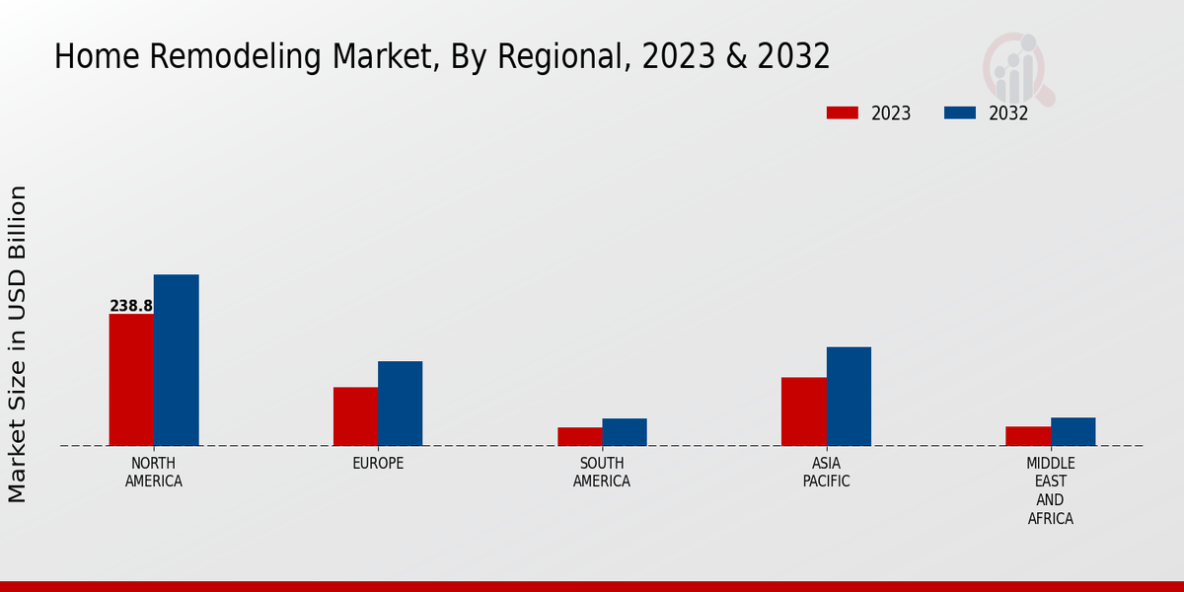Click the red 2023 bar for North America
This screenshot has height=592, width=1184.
point(131,380)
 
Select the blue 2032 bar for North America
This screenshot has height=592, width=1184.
point(177,360)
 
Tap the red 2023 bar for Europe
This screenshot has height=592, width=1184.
point(355,416)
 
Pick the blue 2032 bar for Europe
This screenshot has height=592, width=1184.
point(401,404)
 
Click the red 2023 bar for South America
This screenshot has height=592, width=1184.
point(579,436)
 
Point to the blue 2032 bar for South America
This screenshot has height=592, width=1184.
point(625,432)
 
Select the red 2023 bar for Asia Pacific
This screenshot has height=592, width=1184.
point(804,411)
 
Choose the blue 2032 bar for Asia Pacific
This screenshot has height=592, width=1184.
point(849,397)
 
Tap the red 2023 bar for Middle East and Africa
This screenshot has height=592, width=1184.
point(1028,436)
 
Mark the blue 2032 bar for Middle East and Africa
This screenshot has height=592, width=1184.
point(1073,431)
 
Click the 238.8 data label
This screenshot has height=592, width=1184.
point(131,306)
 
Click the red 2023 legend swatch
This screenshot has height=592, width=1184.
point(843,112)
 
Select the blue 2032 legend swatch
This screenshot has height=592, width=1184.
point(960,112)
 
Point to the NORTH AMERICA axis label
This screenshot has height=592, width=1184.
point(154,473)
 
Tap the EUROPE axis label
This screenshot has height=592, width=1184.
point(378,464)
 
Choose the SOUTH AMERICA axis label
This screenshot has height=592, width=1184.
point(602,473)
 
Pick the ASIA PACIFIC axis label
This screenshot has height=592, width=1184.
point(827,473)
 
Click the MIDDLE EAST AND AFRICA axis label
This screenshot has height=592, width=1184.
point(1051,491)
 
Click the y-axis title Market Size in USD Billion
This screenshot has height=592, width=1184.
point(18,343)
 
